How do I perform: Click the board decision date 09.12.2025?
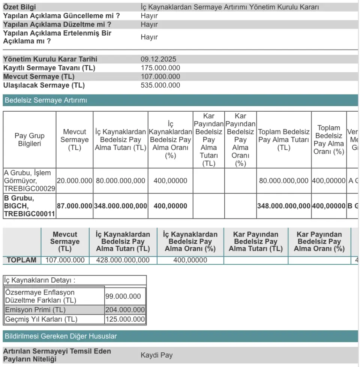(158, 59)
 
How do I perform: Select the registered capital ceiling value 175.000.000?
(160, 68)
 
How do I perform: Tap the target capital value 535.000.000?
(160, 85)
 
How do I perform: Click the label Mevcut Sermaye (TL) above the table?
(39, 76)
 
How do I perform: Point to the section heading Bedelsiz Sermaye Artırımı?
(46, 100)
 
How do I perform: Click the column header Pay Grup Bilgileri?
(29, 139)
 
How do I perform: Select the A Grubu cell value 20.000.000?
(74, 181)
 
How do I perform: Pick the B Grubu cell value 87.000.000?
(74, 206)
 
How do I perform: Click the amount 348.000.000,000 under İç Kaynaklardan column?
(120, 206)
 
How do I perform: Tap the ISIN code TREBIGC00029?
(29, 189)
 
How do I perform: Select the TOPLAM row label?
(21, 260)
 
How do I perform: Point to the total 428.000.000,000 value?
(123, 260)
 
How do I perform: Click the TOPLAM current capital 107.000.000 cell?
(65, 260)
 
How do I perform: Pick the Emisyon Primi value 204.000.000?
(125, 310)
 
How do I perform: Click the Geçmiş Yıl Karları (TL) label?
(41, 319)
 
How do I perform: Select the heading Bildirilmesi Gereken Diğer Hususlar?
(60, 336)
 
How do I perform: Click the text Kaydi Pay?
(156, 355)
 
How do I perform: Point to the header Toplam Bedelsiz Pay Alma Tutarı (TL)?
(283, 139)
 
